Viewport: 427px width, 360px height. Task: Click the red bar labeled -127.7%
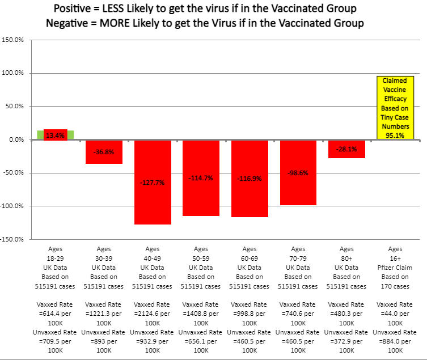click(x=153, y=182)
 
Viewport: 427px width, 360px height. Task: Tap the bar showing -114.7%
click(x=201, y=177)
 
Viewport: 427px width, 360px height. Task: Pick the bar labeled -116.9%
click(x=250, y=178)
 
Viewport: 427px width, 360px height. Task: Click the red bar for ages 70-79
click(x=298, y=172)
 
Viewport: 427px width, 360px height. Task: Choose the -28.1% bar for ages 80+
click(x=346, y=149)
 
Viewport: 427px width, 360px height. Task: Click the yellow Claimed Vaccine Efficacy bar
click(x=395, y=108)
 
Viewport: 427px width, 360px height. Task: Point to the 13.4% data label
click(x=56, y=135)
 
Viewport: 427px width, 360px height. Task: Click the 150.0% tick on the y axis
click(x=12, y=40)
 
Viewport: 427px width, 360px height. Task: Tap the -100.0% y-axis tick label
click(x=12, y=206)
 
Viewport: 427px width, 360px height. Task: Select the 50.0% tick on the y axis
click(x=14, y=107)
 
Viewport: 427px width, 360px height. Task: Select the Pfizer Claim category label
click(x=395, y=267)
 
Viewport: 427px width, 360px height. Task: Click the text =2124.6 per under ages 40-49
click(x=153, y=313)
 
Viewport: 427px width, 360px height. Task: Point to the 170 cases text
click(x=395, y=285)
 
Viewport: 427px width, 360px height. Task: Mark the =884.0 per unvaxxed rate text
click(x=395, y=341)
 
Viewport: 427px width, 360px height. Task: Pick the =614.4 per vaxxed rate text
click(x=56, y=313)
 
